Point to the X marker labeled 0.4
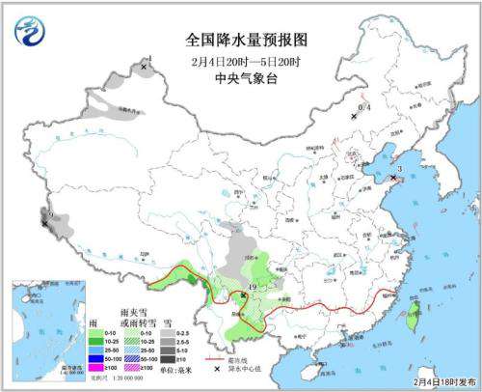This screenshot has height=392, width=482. click(x=354, y=115)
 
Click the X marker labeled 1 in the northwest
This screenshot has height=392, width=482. click(x=144, y=68)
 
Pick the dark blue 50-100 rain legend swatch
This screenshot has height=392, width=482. click(x=96, y=356)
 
